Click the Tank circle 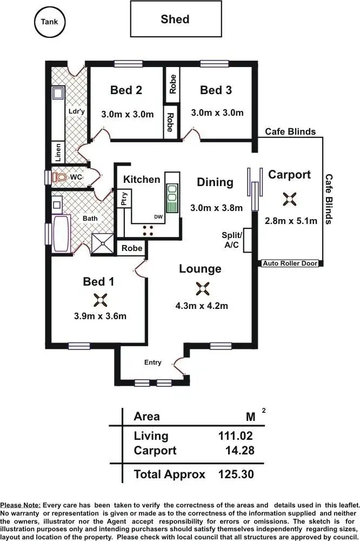pyautogui.click(x=49, y=22)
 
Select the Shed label pyautogui.click(x=175, y=19)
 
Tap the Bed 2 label pyautogui.click(x=126, y=90)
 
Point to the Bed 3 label pyautogui.click(x=216, y=90)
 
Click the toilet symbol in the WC pyautogui.click(x=60, y=177)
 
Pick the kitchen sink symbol pyautogui.click(x=172, y=199)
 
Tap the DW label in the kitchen pyautogui.click(x=158, y=217)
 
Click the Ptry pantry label pyautogui.click(x=124, y=199)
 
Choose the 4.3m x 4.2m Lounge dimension pyautogui.click(x=202, y=306)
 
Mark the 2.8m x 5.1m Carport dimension pyautogui.click(x=291, y=221)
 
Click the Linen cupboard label pyautogui.click(x=58, y=153)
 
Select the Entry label pyautogui.click(x=152, y=362)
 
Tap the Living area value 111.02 pyautogui.click(x=235, y=436)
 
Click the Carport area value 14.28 pyautogui.click(x=239, y=450)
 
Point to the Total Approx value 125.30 pyautogui.click(x=236, y=474)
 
